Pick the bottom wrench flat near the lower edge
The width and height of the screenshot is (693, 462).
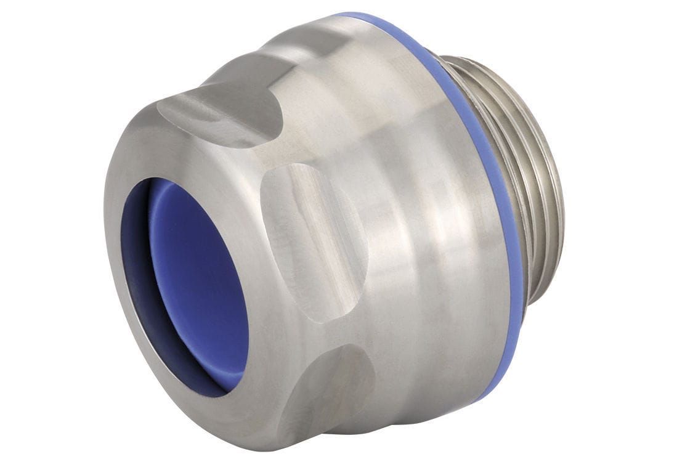(326, 394)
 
